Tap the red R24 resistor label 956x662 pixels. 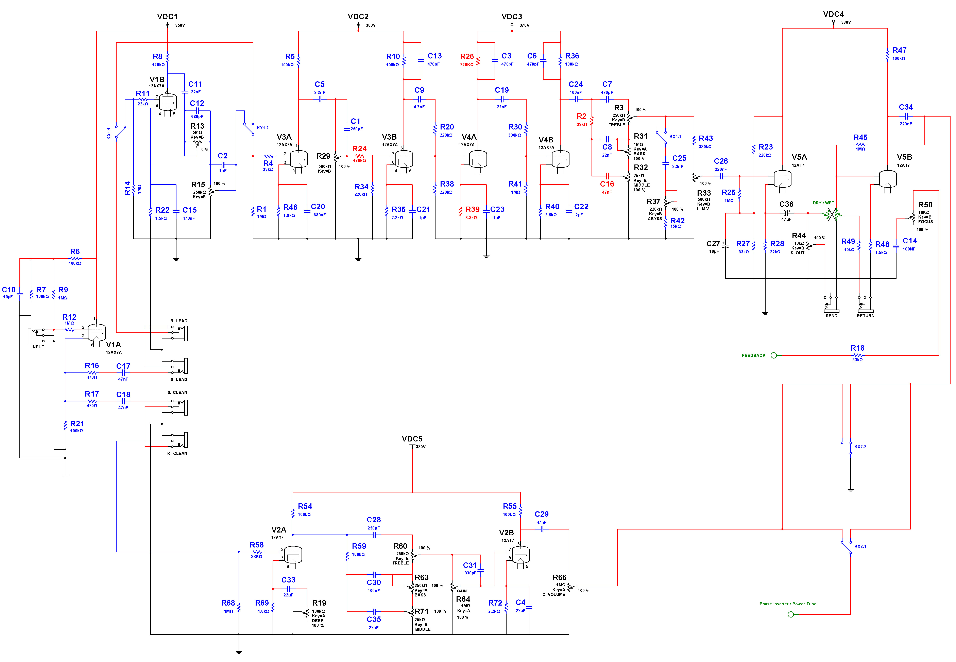point(359,149)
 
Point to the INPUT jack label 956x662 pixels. point(38,347)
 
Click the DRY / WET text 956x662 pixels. point(823,203)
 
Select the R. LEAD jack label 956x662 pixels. point(179,321)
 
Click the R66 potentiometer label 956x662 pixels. point(559,577)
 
